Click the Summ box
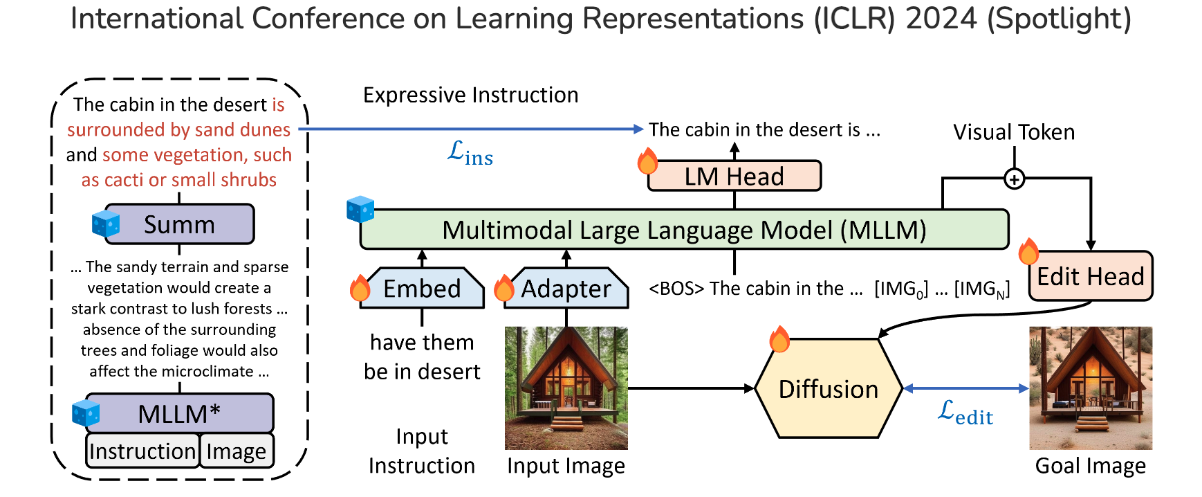180,224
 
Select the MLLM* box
179,413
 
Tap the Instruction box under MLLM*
142,451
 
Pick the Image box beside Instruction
237,451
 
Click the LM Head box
734,177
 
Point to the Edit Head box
1091,276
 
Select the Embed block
422,288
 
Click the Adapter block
566,288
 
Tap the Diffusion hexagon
829,389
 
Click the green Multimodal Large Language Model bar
684,230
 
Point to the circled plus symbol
1014,179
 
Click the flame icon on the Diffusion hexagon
779,339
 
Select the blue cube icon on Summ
106,223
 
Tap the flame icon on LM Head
647,161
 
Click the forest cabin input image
566,388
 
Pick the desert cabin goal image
1091,388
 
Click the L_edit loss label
965,413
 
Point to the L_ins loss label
470,153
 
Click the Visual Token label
1014,132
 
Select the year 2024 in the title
941,19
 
